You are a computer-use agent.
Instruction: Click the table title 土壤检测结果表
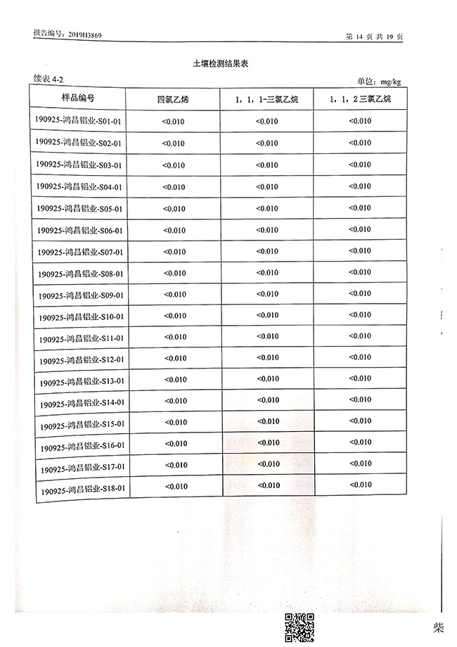tap(221, 64)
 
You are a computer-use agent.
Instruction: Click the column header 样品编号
tap(78, 97)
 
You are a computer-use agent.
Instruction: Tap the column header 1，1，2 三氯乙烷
tap(360, 100)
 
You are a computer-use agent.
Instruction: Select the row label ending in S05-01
tap(79, 209)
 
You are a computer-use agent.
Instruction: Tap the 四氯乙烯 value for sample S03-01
tap(174, 165)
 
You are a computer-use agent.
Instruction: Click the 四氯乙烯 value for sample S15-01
tap(175, 423)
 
